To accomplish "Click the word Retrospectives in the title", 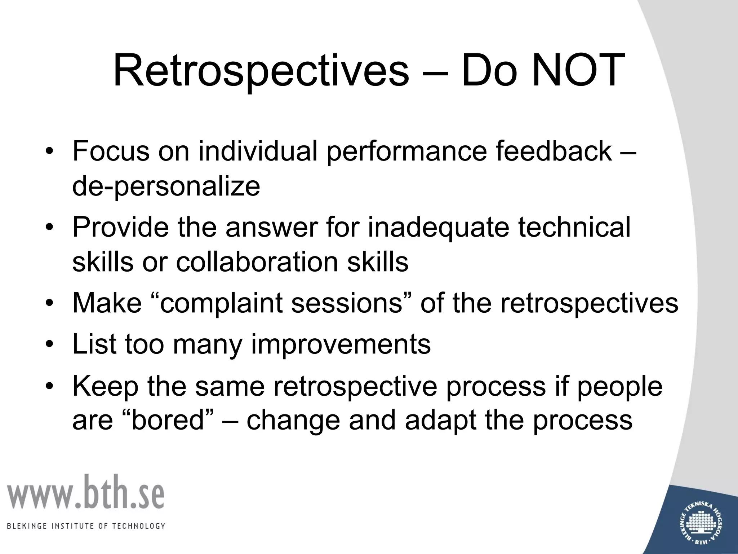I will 261,71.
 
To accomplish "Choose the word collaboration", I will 257,262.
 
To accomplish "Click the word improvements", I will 341,344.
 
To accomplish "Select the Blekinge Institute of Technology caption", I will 86,526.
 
